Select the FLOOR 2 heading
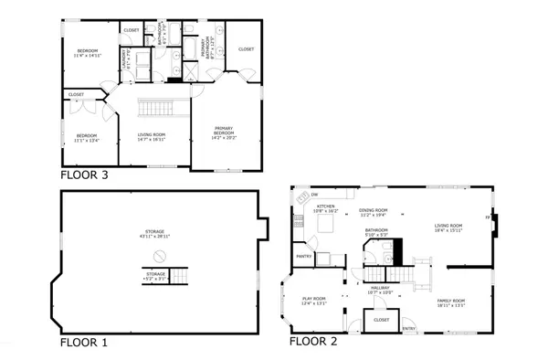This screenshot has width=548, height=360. click(x=313, y=343)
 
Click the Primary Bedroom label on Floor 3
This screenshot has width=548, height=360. click(x=225, y=129)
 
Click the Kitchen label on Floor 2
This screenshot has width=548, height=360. click(x=326, y=207)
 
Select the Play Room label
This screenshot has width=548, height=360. click(x=315, y=300)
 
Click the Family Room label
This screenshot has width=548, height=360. click(x=452, y=301)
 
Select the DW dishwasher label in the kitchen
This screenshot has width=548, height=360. click(x=314, y=195)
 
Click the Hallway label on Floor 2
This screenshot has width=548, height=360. click(x=379, y=289)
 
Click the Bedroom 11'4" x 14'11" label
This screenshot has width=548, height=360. click(x=88, y=52)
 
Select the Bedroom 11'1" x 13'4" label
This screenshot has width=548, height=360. click(x=88, y=138)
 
